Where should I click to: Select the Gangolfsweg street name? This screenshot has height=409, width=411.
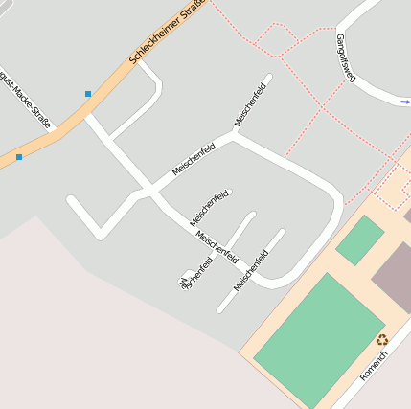pyautogui.click(x=345, y=57)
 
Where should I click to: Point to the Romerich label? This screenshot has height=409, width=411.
pyautogui.click(x=374, y=365)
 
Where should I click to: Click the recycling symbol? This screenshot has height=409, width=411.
pyautogui.click(x=382, y=339)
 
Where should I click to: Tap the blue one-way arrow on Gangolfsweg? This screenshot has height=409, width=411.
pyautogui.click(x=405, y=101)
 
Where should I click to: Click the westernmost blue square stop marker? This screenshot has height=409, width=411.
pyautogui.click(x=19, y=156)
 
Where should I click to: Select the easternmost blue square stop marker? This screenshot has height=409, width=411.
pyautogui.click(x=88, y=94)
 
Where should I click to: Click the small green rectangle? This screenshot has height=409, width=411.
pyautogui.click(x=360, y=239)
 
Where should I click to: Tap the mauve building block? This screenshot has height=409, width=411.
pyautogui.click(x=394, y=274)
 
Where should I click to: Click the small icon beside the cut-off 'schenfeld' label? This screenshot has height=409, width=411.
pyautogui.click(x=182, y=283)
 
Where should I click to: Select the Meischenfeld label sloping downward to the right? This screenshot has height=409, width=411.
pyautogui.click(x=216, y=243)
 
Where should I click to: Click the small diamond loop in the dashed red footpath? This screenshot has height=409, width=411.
pyautogui.click(x=276, y=38)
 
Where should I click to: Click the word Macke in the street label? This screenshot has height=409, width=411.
pyautogui.click(x=33, y=101)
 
